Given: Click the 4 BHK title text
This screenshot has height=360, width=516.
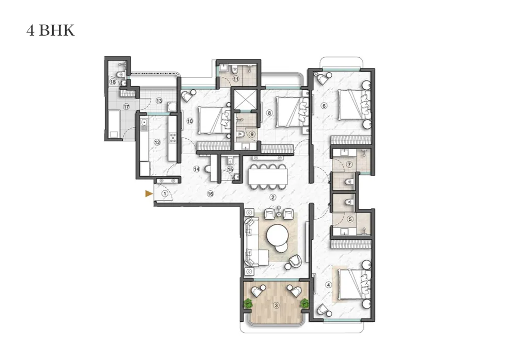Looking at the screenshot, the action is (x=51, y=30).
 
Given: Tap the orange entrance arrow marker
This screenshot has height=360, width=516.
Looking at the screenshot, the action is (x=149, y=194).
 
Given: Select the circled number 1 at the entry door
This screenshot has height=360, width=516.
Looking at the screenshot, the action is (x=165, y=194).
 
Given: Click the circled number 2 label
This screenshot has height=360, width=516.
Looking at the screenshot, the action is (x=272, y=198).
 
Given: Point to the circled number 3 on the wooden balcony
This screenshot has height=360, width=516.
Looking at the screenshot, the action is (x=276, y=305).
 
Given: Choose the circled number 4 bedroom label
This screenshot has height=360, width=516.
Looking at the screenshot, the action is (x=328, y=285).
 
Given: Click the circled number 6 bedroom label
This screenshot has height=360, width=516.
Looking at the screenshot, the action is (x=324, y=106).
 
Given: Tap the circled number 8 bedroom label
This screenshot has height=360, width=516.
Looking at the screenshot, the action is (x=269, y=113).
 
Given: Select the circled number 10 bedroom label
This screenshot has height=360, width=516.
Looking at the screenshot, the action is (x=190, y=121).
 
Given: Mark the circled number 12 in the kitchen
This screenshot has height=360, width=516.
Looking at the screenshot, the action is (x=157, y=142).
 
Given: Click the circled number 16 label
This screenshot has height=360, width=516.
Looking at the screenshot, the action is (x=211, y=194).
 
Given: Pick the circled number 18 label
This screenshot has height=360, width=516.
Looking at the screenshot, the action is (x=113, y=82).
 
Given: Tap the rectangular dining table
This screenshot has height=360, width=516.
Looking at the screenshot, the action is (x=267, y=177).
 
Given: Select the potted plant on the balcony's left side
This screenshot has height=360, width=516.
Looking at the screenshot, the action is (x=248, y=303).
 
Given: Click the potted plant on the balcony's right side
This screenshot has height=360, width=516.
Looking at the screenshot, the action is (x=305, y=303).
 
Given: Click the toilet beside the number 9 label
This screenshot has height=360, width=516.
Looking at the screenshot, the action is (x=240, y=134).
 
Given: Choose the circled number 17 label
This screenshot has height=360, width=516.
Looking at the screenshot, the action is (x=126, y=107).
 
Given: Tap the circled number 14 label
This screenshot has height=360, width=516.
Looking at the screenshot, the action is (x=197, y=169).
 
